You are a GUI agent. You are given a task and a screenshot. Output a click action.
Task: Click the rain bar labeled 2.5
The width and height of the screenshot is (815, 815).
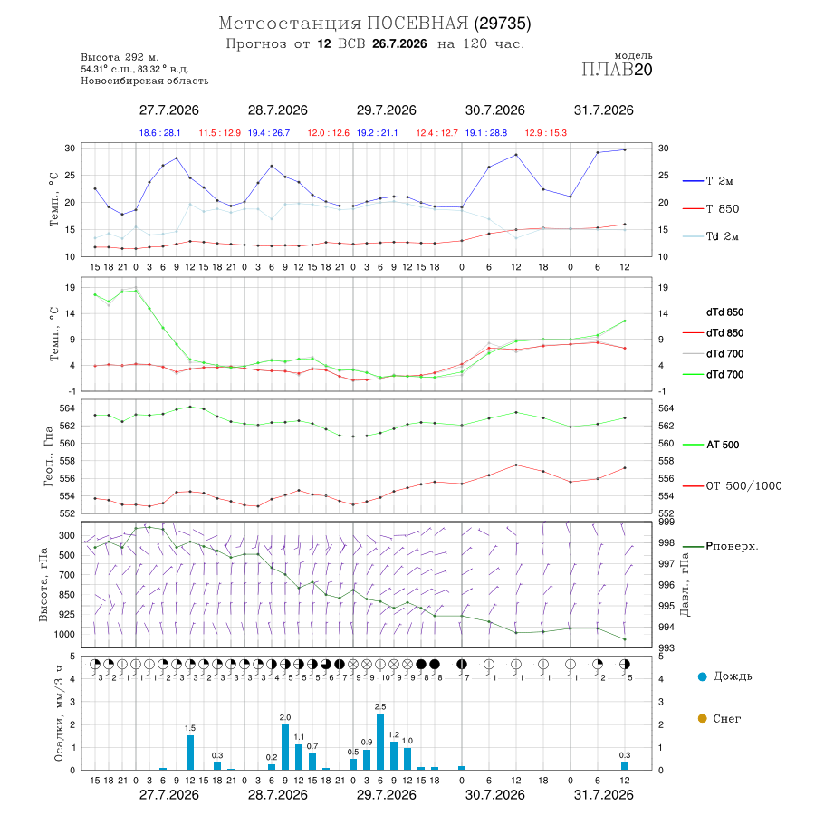click(380, 742)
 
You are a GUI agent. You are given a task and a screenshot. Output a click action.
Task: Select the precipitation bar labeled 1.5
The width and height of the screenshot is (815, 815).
click(190, 753)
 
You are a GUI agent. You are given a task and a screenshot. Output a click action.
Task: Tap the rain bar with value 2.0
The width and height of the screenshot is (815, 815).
click(285, 747)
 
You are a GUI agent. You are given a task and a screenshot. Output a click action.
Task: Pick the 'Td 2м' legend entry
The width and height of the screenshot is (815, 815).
click(711, 236)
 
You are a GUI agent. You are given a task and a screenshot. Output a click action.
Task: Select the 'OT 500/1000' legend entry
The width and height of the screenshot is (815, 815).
click(733, 486)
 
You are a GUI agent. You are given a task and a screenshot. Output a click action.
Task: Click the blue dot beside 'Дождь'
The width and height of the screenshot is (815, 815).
click(703, 676)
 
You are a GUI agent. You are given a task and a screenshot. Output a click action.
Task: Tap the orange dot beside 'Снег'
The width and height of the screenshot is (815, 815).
click(703, 718)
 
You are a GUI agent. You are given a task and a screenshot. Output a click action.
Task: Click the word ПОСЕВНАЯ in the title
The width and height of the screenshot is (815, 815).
click(417, 24)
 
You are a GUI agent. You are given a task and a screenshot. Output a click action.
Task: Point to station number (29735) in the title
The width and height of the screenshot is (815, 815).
click(503, 24)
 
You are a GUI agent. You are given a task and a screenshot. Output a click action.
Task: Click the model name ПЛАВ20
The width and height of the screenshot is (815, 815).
click(617, 70)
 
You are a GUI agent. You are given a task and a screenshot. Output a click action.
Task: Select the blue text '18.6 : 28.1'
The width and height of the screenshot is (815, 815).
click(160, 133)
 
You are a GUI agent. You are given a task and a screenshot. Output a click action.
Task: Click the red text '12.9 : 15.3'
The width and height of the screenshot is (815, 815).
click(546, 133)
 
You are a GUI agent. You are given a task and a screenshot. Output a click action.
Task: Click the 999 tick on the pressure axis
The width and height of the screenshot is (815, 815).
click(666, 522)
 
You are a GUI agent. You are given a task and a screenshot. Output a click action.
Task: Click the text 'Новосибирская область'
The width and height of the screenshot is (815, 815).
click(145, 81)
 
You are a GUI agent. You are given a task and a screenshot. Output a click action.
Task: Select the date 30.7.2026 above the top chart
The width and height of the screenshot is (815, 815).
click(494, 110)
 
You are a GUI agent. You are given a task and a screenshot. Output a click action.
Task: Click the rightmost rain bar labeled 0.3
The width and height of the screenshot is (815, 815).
click(625, 766)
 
